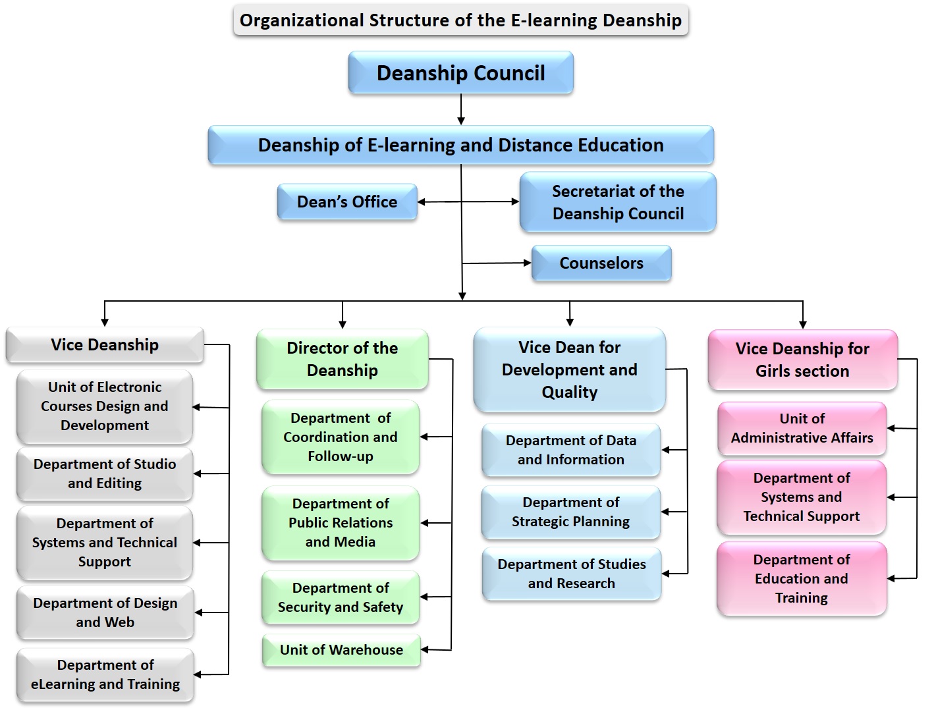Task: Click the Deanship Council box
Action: coord(460,72)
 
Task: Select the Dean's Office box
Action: coord(347,202)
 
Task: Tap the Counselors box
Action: coord(601,263)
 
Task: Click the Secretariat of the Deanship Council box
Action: coord(617,202)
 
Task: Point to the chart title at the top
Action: coord(460,20)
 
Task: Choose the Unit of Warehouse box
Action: coord(341,650)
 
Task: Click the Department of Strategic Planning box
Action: coord(570,512)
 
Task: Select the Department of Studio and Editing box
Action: coord(105,474)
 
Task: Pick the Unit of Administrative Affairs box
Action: coord(802,428)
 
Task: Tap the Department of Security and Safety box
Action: coord(341,597)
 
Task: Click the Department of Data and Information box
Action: coord(570,450)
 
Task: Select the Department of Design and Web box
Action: coord(105,613)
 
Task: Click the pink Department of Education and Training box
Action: coord(802,578)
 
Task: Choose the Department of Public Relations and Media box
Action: coord(341,522)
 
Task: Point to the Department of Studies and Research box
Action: coord(571,574)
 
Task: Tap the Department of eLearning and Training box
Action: coord(105,674)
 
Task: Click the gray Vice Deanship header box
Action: coord(105,344)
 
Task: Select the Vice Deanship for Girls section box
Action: coord(802,360)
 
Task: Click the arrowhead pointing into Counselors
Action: coord(527,263)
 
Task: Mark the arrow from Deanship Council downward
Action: coord(461,109)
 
